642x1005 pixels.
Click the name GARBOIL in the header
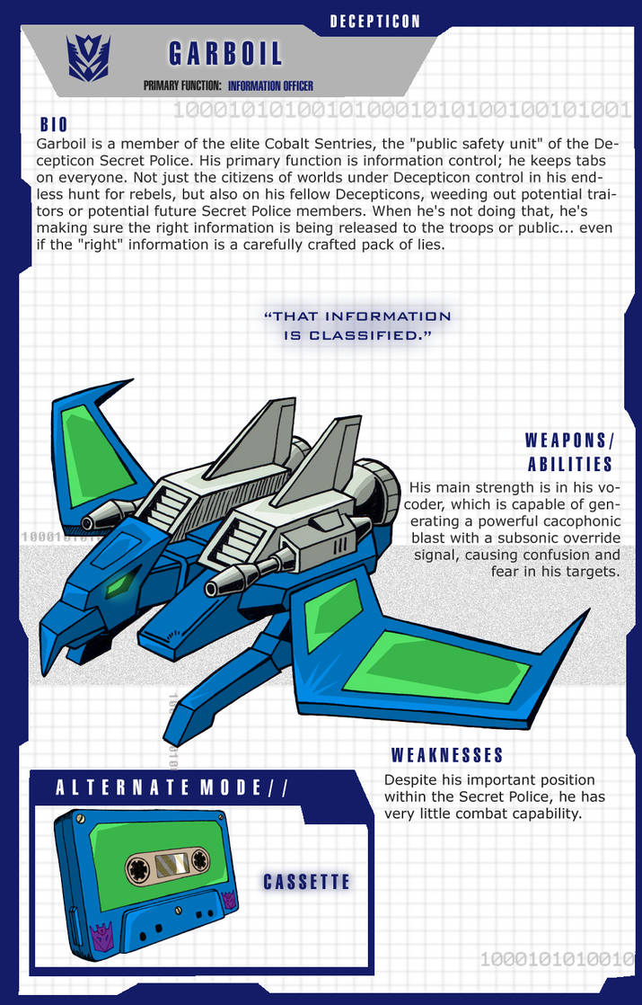click(x=225, y=54)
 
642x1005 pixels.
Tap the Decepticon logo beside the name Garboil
click(x=89, y=56)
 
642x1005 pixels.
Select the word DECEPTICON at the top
click(x=374, y=21)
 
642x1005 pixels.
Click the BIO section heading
click(x=54, y=125)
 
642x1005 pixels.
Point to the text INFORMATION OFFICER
click(x=270, y=86)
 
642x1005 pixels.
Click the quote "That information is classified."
click(x=357, y=325)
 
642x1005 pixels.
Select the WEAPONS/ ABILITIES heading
click(x=569, y=452)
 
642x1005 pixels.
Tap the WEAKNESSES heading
click(x=447, y=754)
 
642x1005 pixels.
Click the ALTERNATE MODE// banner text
click(x=171, y=788)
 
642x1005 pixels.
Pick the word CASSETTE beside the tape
click(x=306, y=882)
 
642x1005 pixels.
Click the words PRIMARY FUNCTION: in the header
click(x=181, y=86)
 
